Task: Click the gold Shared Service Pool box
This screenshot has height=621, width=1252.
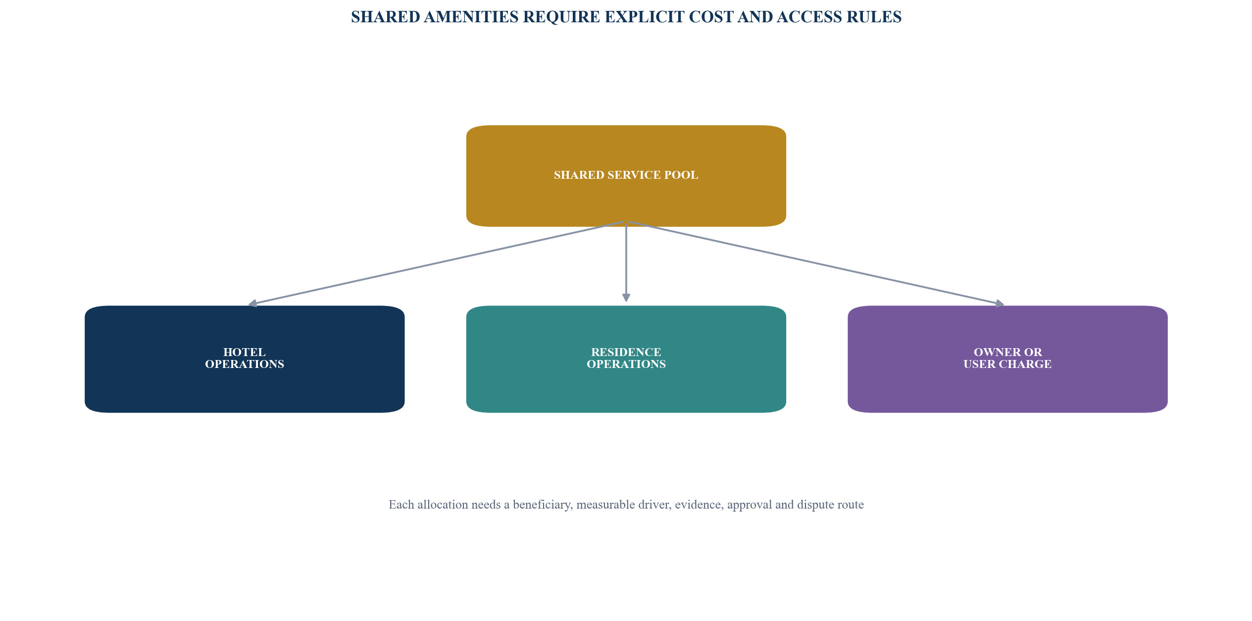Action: (x=626, y=176)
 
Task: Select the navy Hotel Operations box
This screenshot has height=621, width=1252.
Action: (x=245, y=359)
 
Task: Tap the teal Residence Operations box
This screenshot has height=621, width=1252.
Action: (x=626, y=359)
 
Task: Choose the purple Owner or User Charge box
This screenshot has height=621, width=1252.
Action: (x=1007, y=359)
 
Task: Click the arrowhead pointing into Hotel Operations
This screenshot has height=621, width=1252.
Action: (x=252, y=304)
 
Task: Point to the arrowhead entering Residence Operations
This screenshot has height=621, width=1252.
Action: (x=626, y=297)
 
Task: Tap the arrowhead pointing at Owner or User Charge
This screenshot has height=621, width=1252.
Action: (x=1000, y=304)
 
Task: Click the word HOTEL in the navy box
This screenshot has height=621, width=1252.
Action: (x=245, y=352)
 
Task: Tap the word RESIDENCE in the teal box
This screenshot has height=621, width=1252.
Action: (x=626, y=352)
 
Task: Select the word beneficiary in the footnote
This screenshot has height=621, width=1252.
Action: (x=543, y=505)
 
